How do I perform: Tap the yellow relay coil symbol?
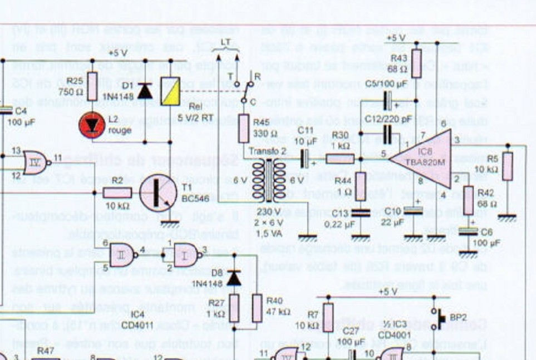coord(171,91)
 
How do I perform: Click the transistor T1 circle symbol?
coord(158,192)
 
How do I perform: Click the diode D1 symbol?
coord(145,91)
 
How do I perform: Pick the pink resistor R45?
coord(243,129)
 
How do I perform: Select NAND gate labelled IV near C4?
coord(35,161)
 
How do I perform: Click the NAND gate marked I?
coord(185,254)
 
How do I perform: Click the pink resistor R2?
coord(117,193)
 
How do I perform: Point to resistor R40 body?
coord(257,308)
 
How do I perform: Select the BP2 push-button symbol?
coord(438,318)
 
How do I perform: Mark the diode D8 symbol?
coord(234,277)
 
